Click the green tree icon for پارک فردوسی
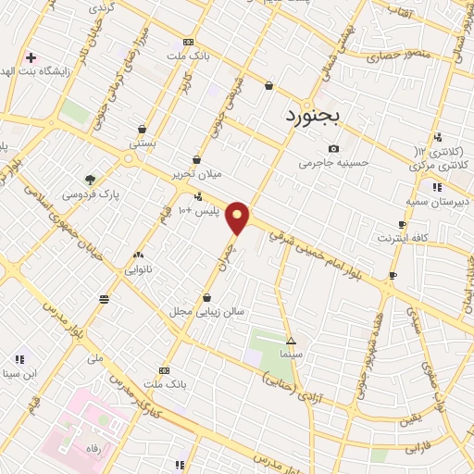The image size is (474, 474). pyautogui.click(x=90, y=180)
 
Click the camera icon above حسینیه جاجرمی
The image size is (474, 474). pyautogui.click(x=333, y=149)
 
